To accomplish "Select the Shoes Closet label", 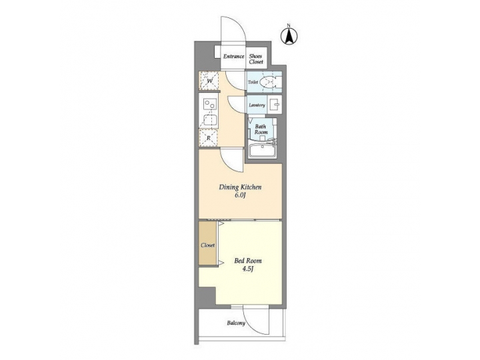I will (257, 59).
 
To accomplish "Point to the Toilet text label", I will (253, 83).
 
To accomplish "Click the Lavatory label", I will (257, 105).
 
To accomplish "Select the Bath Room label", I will (261, 128).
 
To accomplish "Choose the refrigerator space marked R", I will (209, 138).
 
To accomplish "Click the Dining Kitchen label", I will (240, 187).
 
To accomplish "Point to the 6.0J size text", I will (240, 197).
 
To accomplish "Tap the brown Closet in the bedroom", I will (208, 245).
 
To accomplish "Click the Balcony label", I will (235, 323).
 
